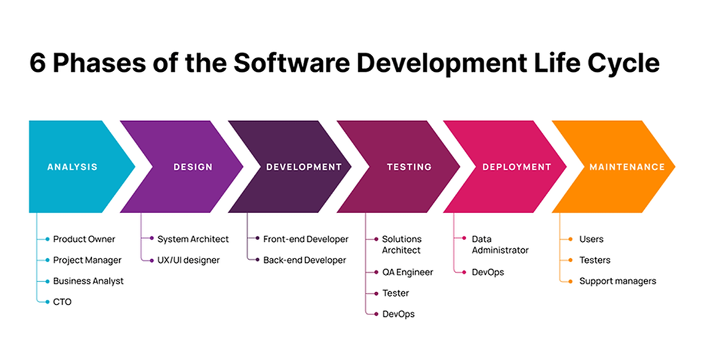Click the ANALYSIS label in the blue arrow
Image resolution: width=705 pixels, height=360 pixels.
click(x=73, y=167)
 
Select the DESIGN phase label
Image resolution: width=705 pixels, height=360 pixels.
click(x=193, y=167)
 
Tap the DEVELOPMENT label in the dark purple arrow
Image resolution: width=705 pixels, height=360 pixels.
click(x=304, y=167)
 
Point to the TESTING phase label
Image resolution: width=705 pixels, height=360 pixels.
click(x=409, y=167)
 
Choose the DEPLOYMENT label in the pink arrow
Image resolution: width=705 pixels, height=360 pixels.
click(x=517, y=167)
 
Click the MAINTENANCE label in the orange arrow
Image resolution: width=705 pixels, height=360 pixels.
click(x=627, y=167)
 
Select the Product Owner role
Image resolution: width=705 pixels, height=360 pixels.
click(x=84, y=239)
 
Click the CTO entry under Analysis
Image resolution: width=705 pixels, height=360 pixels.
click(x=62, y=302)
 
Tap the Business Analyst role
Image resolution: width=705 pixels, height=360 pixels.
click(x=89, y=281)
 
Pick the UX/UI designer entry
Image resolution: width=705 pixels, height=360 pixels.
click(x=189, y=260)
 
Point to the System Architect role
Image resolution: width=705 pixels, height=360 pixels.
click(x=193, y=239)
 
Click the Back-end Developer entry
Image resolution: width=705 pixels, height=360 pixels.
click(x=305, y=260)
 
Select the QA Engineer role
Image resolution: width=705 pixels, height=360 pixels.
click(x=408, y=272)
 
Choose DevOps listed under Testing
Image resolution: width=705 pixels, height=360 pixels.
click(x=398, y=314)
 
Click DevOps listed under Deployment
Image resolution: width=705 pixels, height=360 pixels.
click(x=488, y=272)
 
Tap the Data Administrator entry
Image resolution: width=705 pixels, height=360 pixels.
click(x=500, y=245)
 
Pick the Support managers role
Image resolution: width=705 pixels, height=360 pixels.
click(x=618, y=281)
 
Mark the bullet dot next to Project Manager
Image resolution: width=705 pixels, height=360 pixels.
click(x=47, y=260)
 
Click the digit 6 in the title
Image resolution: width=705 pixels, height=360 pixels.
click(x=37, y=64)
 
